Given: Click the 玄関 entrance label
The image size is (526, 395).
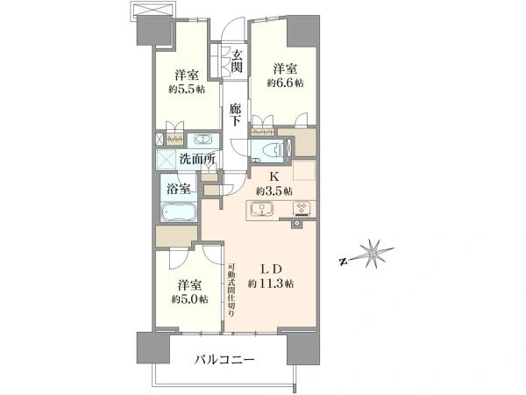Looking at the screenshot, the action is click(x=237, y=61).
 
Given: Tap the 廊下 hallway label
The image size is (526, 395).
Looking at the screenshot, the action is click(x=235, y=114).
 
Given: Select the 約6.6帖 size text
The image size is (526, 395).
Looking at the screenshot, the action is click(x=286, y=83).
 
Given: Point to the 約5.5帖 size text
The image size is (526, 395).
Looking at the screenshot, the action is click(x=187, y=90).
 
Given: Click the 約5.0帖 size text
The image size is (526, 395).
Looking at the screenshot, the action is click(x=190, y=299).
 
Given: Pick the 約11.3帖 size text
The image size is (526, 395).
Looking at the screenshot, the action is click(x=271, y=284).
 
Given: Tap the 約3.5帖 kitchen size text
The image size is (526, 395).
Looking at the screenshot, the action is click(x=274, y=191).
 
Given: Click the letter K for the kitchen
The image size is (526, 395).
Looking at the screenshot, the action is click(x=274, y=177).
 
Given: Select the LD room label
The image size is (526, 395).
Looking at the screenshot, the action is click(x=271, y=269).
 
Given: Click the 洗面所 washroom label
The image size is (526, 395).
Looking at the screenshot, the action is click(x=197, y=159).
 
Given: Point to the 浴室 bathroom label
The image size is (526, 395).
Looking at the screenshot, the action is click(x=179, y=189).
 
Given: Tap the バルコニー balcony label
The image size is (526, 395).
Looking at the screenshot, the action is click(x=224, y=361).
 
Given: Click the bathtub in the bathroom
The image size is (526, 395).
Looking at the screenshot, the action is click(x=179, y=212).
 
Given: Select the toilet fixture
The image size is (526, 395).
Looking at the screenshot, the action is click(x=271, y=149).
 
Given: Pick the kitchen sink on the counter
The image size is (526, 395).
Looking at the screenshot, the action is click(x=262, y=210).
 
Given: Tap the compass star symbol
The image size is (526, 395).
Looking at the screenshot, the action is click(x=373, y=255).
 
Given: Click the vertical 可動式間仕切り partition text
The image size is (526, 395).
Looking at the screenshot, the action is click(x=231, y=290).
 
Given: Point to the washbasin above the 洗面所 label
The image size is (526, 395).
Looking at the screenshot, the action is click(x=203, y=140).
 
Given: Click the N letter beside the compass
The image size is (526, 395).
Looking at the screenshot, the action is click(x=343, y=262).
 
